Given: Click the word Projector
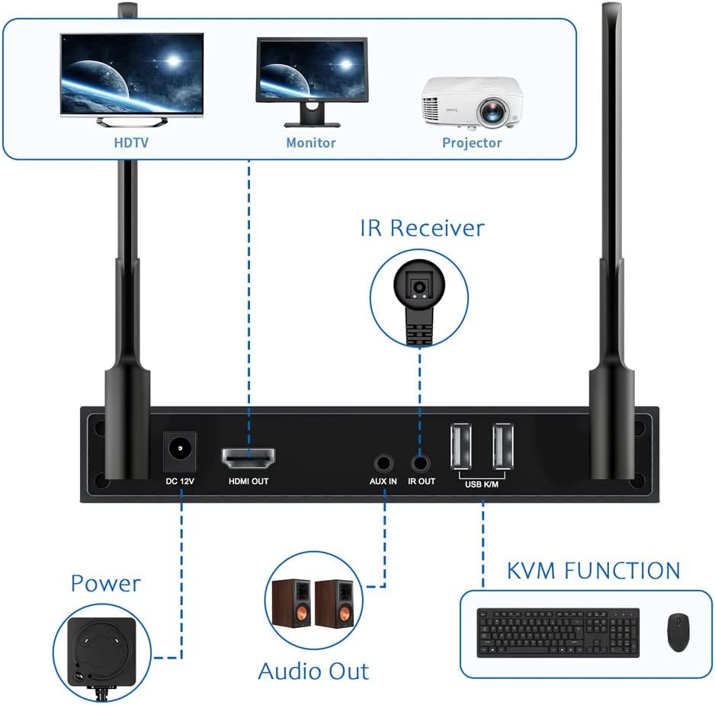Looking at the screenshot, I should pyautogui.click(x=472, y=143).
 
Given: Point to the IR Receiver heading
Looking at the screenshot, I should pyautogui.click(x=422, y=227).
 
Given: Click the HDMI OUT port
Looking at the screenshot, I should pyautogui.click(x=248, y=458).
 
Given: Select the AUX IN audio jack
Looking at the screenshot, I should pyautogui.click(x=383, y=462).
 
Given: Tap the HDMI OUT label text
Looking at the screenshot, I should pyautogui.click(x=248, y=482).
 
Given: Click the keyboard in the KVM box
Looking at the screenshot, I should pyautogui.click(x=558, y=632).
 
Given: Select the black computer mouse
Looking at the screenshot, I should pyautogui.click(x=678, y=632).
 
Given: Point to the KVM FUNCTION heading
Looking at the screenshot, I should pyautogui.click(x=593, y=570).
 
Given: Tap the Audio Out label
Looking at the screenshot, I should pyautogui.click(x=313, y=671).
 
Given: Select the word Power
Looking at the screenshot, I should pyautogui.click(x=106, y=583).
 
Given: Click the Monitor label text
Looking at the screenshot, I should pyautogui.click(x=311, y=143).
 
